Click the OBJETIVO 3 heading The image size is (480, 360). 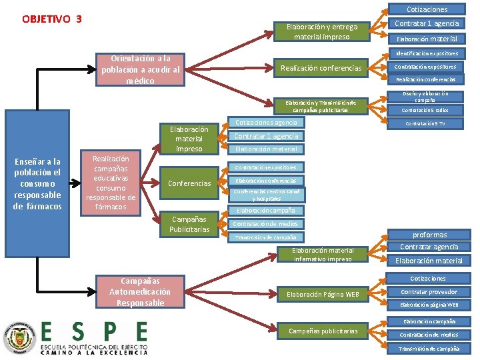coord(52,19)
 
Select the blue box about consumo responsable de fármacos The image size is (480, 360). coord(37,183)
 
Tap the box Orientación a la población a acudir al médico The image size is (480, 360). coord(140,69)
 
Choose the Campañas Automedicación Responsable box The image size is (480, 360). coord(140,292)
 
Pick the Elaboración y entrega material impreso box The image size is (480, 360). coord(321,31)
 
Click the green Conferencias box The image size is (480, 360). coord(189,183)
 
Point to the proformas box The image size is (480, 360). coord(429,235)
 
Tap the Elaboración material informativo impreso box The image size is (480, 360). coord(321,254)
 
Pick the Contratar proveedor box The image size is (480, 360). coord(429,292)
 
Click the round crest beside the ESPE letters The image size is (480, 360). coord(18,339)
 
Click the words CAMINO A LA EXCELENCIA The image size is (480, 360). coord(93,353)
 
